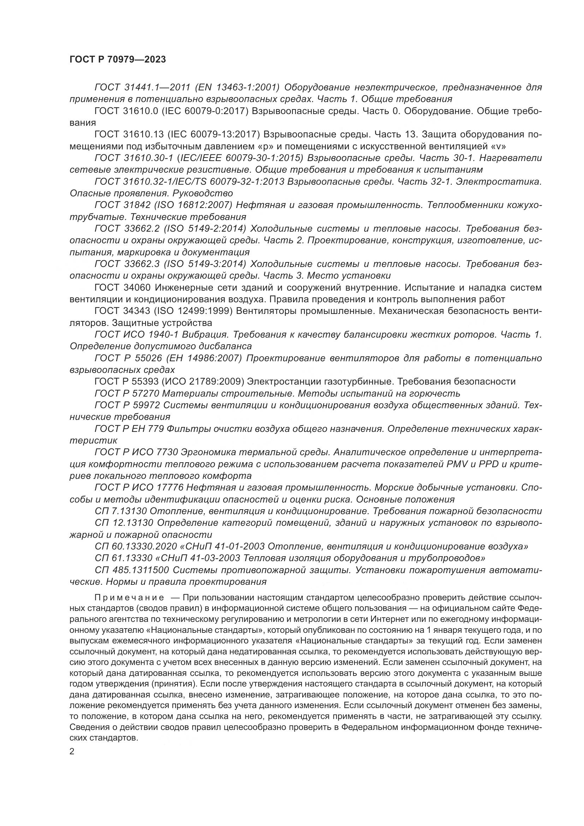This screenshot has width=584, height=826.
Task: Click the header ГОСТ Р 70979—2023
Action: coord(118,60)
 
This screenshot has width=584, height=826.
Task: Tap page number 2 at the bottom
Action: coord(72,751)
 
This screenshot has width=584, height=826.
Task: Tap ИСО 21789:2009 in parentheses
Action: coord(200,381)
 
